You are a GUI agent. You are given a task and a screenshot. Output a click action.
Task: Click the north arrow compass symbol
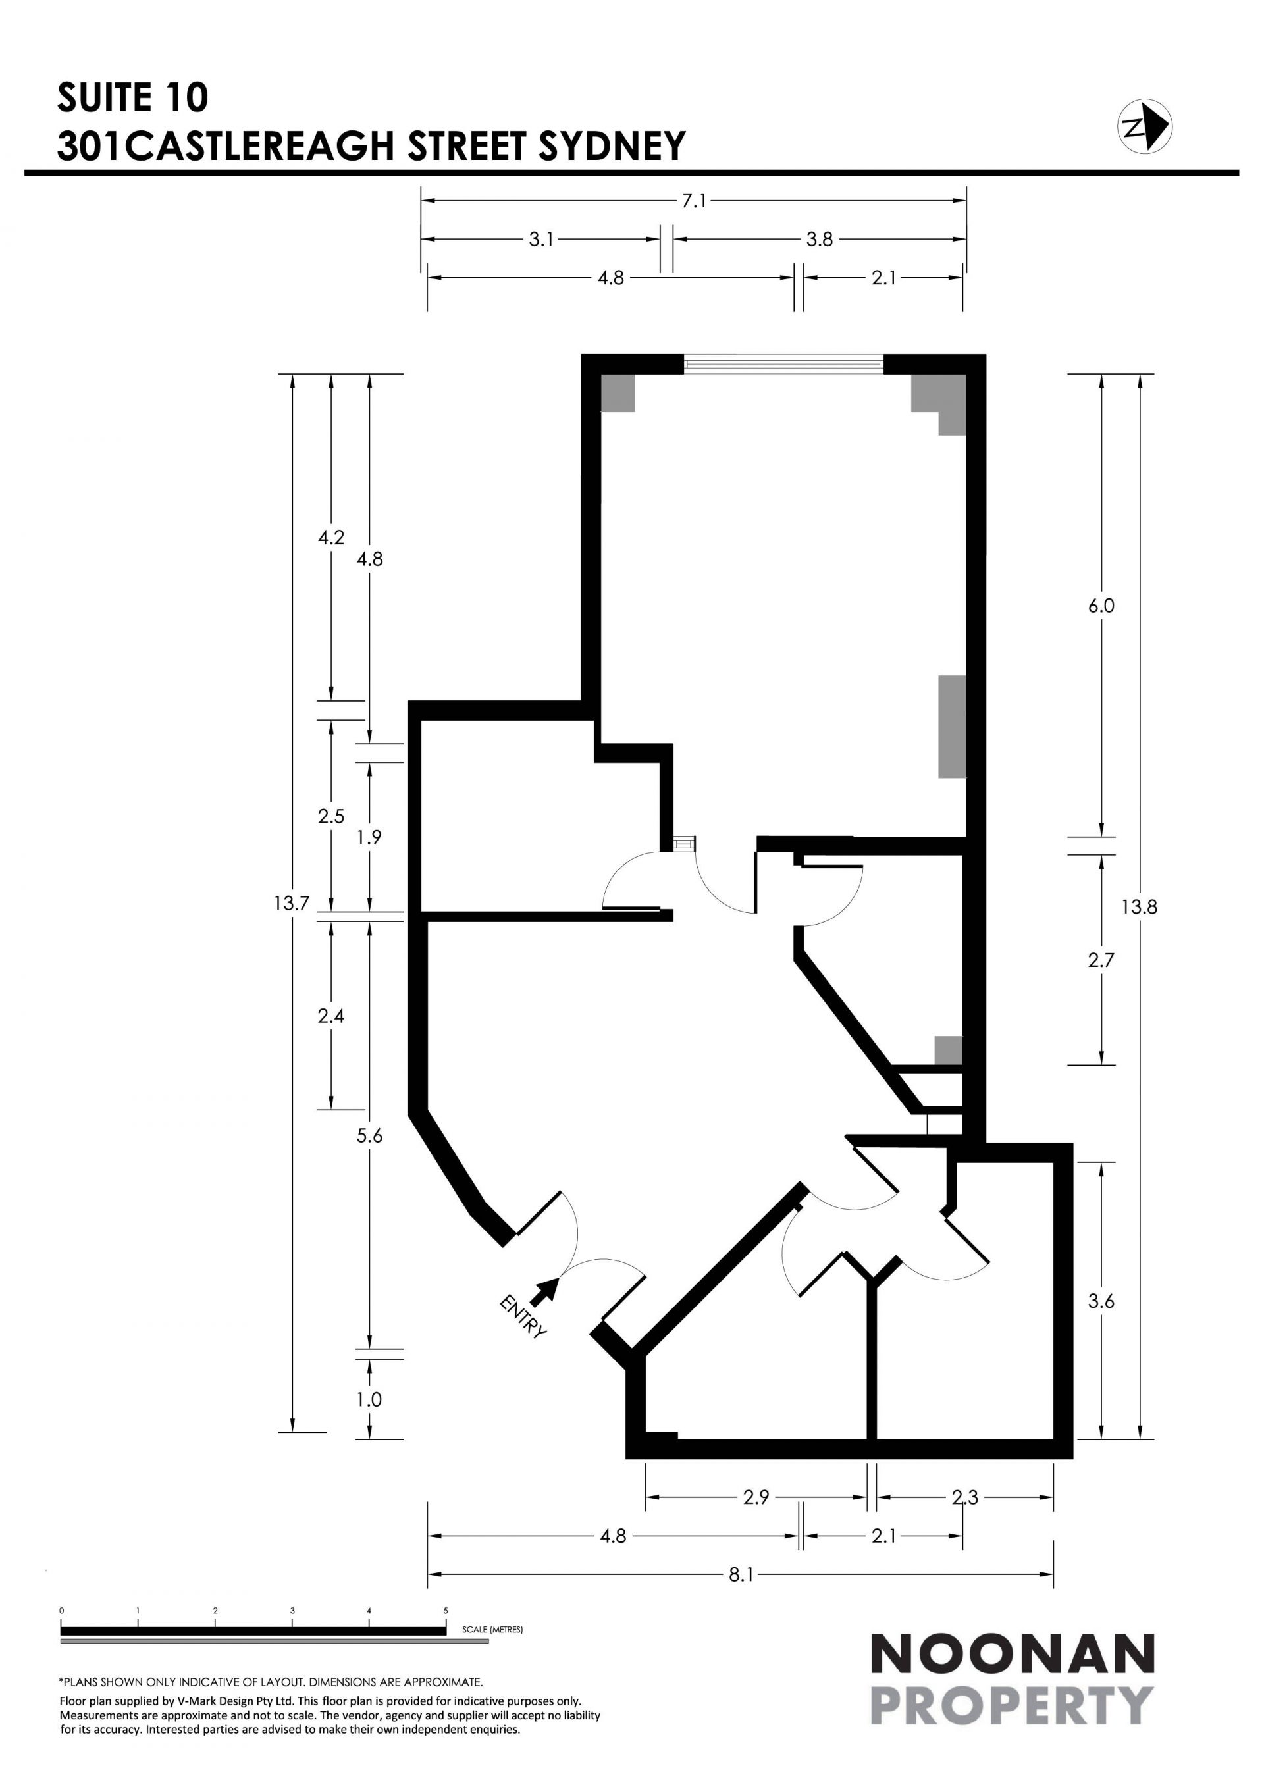point(1145,126)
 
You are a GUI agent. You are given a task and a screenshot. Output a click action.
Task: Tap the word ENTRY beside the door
point(523,1316)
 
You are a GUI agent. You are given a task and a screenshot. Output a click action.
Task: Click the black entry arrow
point(545,1291)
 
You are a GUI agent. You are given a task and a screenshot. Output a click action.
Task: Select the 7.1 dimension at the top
point(695,201)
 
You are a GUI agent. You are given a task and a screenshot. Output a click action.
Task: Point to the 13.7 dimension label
point(292,903)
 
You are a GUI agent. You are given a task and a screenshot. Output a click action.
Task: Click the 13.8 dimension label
point(1140,907)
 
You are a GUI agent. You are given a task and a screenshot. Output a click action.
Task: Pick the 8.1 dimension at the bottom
point(741,1574)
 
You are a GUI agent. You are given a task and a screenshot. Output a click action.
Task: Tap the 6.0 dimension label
point(1101,606)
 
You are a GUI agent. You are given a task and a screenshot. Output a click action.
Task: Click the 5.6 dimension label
point(370,1135)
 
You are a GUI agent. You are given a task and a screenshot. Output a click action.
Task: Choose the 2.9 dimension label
point(756,1497)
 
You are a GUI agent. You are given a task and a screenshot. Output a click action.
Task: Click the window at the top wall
point(783,363)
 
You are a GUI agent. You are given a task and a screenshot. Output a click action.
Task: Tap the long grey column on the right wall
point(952,726)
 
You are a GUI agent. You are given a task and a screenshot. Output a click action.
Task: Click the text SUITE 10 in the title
point(133,97)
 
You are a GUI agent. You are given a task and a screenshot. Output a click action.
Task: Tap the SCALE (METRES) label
point(492,1629)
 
